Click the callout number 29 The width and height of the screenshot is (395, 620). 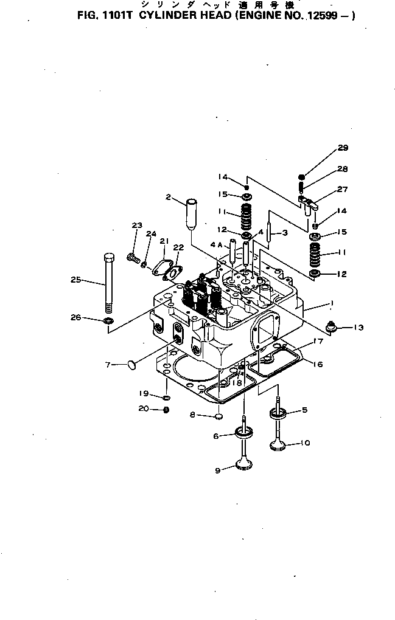pyautogui.click(x=343, y=148)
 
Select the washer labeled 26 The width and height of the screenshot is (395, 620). pyautogui.click(x=108, y=320)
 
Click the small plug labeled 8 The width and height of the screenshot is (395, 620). pyautogui.click(x=217, y=417)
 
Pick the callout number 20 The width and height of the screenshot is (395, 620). pyautogui.click(x=143, y=408)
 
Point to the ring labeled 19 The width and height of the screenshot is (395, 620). pyautogui.click(x=166, y=398)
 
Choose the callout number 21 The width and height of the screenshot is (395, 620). pyautogui.click(x=163, y=241)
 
